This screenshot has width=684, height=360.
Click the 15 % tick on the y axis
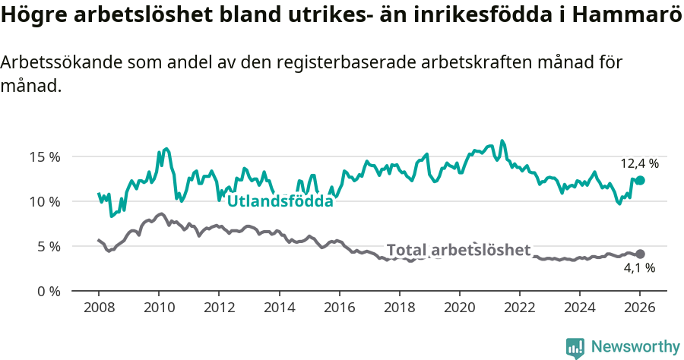pos(45,157)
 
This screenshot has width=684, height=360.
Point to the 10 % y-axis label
pos(45,201)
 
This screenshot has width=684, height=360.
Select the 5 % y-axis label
pos(49,246)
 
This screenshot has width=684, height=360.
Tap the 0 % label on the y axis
pos(49,291)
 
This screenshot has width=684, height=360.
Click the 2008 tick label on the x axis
pos(99,308)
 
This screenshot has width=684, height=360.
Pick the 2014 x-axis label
pos(279,308)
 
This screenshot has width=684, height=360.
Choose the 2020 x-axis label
pos(459,308)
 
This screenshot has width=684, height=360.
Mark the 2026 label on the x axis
pos(639,308)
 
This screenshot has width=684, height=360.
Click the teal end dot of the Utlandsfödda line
pos(640,180)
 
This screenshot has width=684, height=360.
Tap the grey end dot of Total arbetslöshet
pos(640,254)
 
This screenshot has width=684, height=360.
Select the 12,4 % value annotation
pos(639,163)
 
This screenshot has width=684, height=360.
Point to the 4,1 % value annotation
pos(639,268)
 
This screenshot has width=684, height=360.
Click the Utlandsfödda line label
pos(280,201)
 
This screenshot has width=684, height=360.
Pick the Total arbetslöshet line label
pos(458,250)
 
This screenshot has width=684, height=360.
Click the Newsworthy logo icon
pos(575,348)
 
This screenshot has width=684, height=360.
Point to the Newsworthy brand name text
pos(635,347)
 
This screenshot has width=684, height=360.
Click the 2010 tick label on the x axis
pos(159,308)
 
